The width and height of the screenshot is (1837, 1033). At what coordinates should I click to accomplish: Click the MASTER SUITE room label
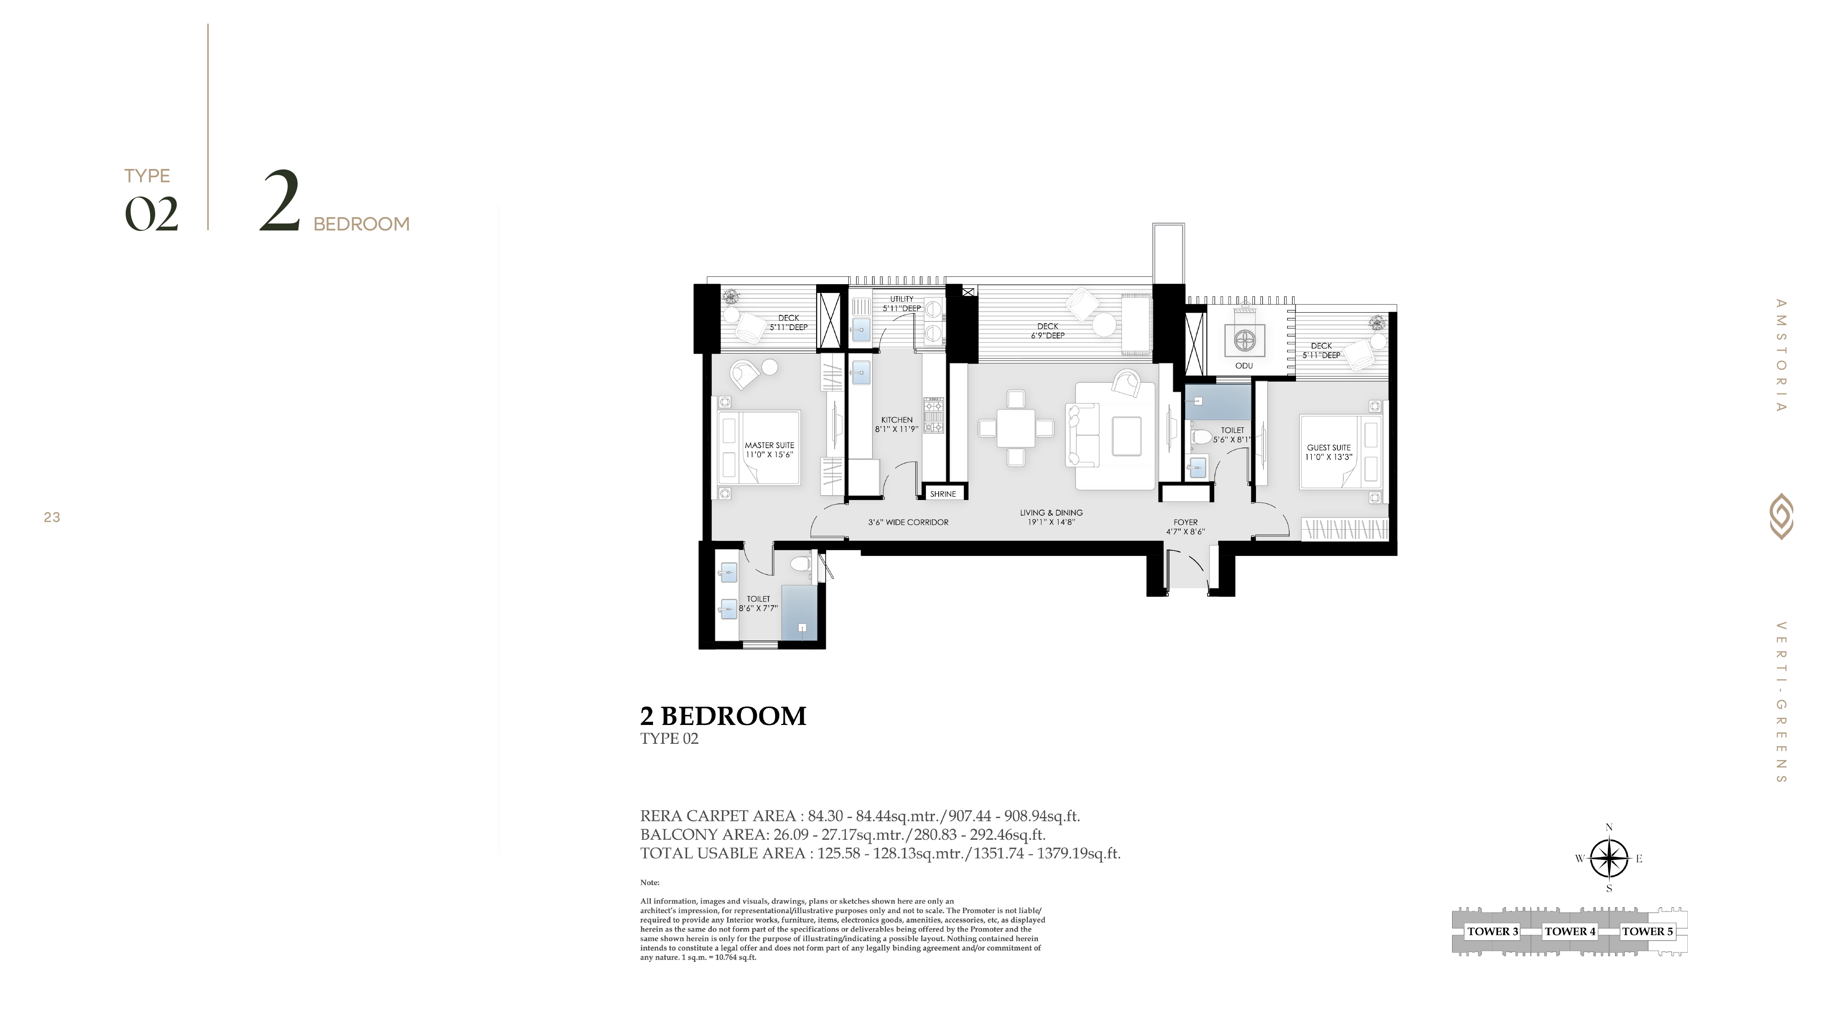769,445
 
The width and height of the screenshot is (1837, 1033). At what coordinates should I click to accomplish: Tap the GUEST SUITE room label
1329,448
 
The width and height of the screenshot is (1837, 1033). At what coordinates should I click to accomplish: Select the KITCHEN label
896,420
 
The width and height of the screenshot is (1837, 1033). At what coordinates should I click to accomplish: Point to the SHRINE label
943,494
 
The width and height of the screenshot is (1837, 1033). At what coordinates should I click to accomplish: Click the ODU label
1244,366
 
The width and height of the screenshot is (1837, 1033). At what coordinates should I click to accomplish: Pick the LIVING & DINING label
1051,512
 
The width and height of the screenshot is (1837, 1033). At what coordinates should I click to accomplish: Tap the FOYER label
1186,522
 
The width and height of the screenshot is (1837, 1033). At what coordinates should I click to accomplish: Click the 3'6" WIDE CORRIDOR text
908,522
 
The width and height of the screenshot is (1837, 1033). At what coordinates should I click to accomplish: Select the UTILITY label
902,299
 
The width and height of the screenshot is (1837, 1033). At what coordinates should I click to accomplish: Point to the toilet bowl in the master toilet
801,563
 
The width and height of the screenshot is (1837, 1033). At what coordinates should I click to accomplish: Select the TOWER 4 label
1570,931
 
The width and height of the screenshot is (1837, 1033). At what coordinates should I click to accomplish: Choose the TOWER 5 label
1647,931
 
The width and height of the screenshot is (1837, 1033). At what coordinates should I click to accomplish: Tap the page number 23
52,517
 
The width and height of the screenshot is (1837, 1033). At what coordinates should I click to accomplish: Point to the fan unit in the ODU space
1245,340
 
